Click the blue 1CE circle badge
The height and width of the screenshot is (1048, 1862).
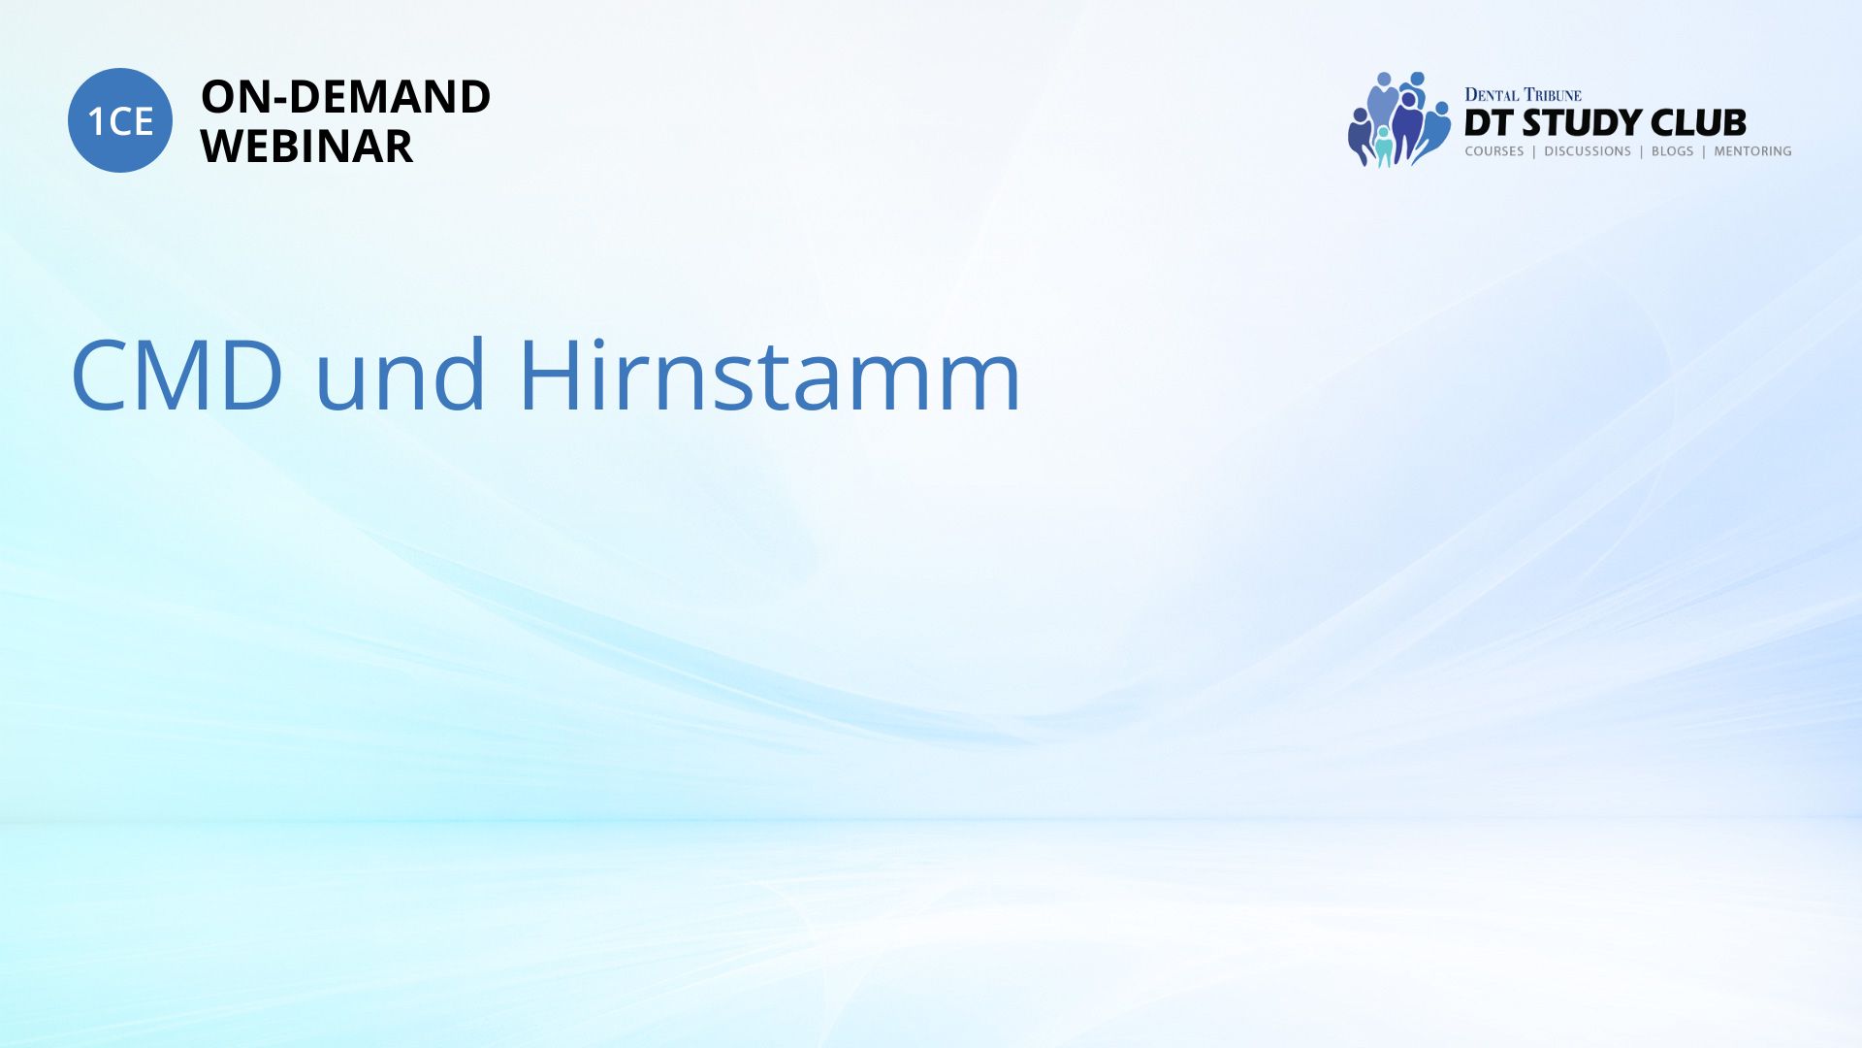pos(120,120)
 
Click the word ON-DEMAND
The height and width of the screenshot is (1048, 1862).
pos(345,97)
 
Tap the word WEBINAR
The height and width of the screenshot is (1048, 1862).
pos(306,147)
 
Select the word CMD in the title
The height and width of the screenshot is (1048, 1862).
pos(177,376)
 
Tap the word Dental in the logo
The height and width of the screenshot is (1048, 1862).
pos(1492,95)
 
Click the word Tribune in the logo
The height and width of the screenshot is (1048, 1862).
pos(1553,95)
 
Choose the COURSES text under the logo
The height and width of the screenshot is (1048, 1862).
pos(1494,151)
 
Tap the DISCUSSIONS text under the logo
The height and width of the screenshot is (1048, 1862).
pos(1588,151)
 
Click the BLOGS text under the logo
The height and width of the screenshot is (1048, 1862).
pos(1673,151)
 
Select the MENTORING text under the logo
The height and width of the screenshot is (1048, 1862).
pos(1752,151)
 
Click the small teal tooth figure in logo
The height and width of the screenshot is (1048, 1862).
pos(1384,147)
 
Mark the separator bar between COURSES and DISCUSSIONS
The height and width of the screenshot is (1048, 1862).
pos(1534,151)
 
